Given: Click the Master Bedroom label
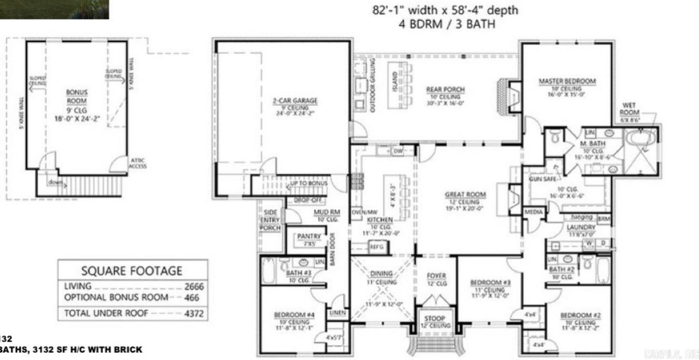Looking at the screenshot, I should click(567, 81).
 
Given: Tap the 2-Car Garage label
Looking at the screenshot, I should click(295, 101).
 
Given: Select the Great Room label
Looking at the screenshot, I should click(465, 194).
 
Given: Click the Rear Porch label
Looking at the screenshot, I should click(446, 90).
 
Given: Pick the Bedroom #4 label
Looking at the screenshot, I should click(294, 315).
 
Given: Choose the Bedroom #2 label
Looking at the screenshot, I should click(580, 315).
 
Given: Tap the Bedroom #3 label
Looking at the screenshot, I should click(490, 283).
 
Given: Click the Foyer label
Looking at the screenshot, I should click(436, 276).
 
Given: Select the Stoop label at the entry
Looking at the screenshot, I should click(435, 318).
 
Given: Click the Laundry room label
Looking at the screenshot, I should click(578, 227).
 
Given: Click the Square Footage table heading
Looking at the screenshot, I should click(132, 271).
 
